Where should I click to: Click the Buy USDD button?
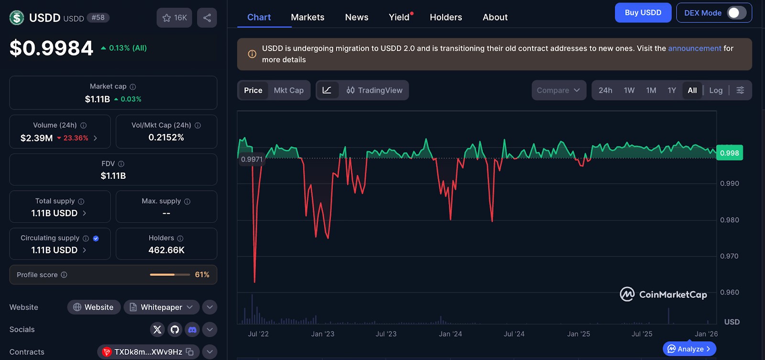coord(643,12)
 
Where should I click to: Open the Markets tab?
coord(307,17)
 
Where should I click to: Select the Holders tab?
coord(446,17)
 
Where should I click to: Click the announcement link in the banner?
coord(695,48)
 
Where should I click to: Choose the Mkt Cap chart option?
coord(289,90)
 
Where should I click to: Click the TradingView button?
coord(374,90)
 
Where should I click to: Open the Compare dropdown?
coord(559,90)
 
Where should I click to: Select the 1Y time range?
coord(672,90)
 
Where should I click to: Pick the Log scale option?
coord(716,90)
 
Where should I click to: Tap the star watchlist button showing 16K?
coord(174,18)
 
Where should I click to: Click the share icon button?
coord(207,18)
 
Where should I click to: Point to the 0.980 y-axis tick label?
coord(730,220)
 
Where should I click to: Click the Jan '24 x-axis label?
coord(450,334)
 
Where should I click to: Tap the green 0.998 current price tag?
coord(729,153)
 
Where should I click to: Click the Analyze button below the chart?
coord(689,349)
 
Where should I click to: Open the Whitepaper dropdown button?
coord(161,307)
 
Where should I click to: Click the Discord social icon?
coord(192,329)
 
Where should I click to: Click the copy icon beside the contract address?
coord(189,352)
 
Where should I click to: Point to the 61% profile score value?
coord(202,274)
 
